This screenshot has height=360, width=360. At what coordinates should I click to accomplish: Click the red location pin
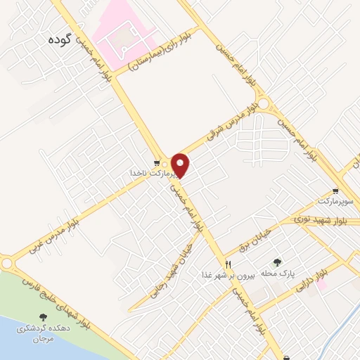coord(181,165)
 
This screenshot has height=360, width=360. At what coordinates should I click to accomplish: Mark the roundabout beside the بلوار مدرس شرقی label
coord(264,105)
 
